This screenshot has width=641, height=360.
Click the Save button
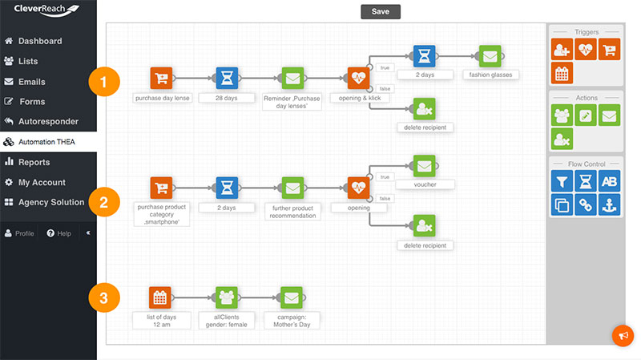(380, 11)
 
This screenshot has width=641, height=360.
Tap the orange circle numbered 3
(104, 297)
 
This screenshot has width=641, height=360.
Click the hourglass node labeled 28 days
(227, 78)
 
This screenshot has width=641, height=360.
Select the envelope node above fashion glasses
(490, 56)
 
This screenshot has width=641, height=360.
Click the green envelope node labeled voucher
(425, 166)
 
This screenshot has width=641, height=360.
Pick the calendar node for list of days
(159, 297)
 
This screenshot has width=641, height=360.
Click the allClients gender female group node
(227, 297)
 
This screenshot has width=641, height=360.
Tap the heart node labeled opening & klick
(358, 78)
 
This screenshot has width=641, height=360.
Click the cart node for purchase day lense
(161, 78)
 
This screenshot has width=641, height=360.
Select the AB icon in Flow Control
(609, 181)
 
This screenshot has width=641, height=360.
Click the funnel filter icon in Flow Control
(562, 181)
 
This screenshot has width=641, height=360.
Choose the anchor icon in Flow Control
(609, 204)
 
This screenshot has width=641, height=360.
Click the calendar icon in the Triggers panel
(562, 73)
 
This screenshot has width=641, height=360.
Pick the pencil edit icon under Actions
(586, 115)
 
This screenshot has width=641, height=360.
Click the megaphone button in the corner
(623, 335)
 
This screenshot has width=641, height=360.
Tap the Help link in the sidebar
(58, 233)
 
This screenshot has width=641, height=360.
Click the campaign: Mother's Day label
(292, 321)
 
